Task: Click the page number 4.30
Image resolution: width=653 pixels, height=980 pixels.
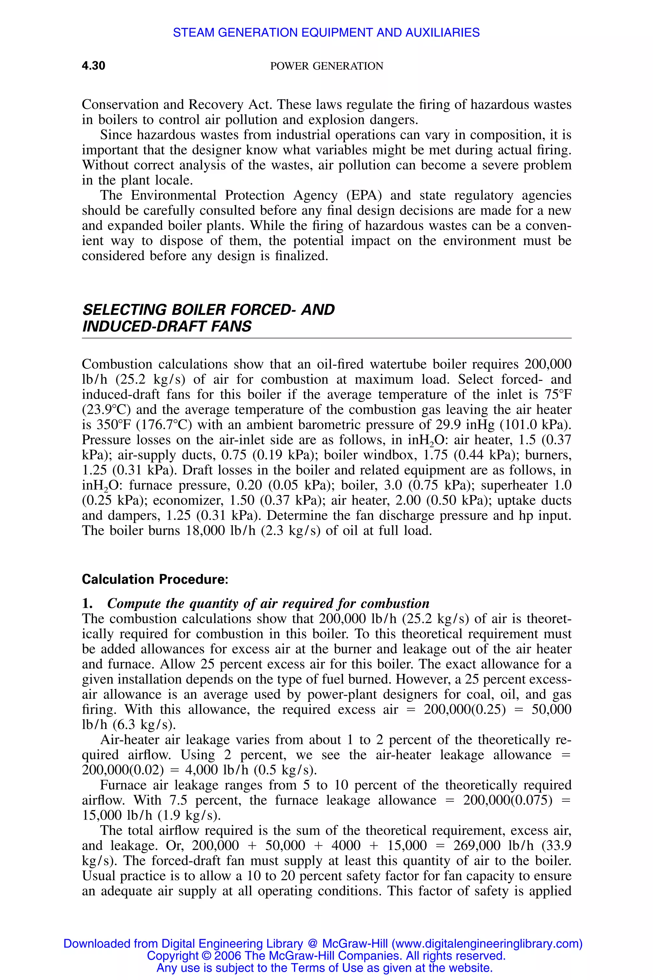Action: [93, 66]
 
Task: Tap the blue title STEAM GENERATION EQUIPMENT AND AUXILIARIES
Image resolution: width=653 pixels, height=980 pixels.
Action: [326, 33]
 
